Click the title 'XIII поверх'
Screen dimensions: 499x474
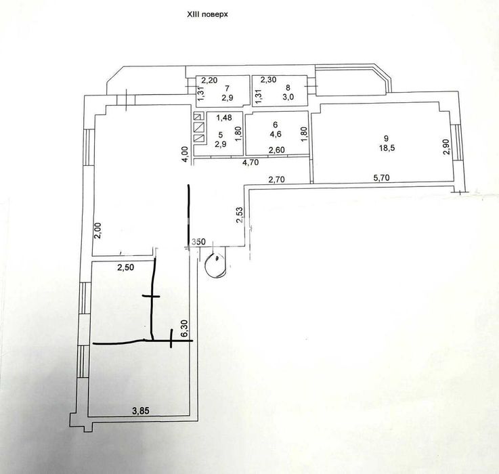(207, 14)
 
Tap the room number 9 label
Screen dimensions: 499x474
(387, 138)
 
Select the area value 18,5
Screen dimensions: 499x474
(387, 148)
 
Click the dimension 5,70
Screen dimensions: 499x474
(381, 177)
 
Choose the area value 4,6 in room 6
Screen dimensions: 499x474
(276, 133)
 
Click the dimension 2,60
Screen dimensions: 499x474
(277, 150)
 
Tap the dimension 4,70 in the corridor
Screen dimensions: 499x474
(251, 163)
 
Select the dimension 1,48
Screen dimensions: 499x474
(224, 118)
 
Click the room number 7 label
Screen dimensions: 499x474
(227, 87)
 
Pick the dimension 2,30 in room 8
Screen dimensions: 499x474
(268, 80)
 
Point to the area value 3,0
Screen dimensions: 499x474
(288, 98)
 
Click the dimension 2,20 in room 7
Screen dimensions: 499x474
(210, 80)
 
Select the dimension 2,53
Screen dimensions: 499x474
(239, 215)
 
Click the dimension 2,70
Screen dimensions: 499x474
(276, 179)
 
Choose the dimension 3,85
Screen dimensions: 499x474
(141, 411)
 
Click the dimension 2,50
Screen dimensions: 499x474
(126, 267)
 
